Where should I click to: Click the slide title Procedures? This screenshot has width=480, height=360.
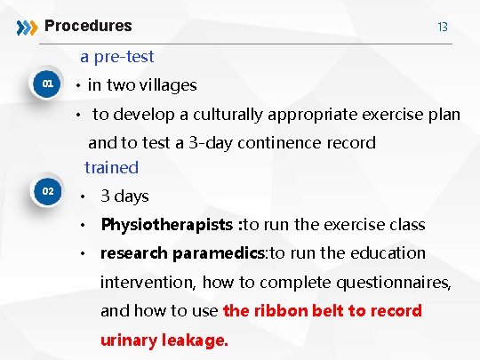pos(88,26)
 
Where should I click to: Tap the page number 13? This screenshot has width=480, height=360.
pos(442,28)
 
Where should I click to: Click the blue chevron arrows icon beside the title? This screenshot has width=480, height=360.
pos(28,27)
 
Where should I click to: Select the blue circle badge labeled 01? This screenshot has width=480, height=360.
pos(49,84)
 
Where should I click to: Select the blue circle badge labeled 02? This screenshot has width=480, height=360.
pos(49,191)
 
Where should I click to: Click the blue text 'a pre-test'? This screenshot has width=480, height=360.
pos(116,57)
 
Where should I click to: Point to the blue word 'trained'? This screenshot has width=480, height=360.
pos(112,167)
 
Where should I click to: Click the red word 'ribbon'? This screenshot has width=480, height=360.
pos(280,311)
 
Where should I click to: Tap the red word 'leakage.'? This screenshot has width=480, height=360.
pos(196,340)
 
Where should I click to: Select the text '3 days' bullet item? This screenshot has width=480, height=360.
pos(124,196)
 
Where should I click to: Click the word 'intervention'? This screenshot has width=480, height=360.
pos(147,283)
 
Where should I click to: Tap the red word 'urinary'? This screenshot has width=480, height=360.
pos(129,340)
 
